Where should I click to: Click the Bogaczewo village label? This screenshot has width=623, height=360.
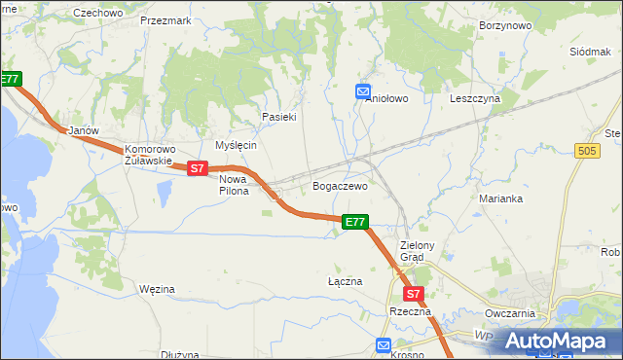pos(339,185)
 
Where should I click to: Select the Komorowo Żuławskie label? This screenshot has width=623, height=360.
pos(149,156)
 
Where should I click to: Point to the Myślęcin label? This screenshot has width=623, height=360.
pos(235,145)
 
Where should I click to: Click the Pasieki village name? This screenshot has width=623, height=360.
pos(278,117)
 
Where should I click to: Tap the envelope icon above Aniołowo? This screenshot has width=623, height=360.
pos(363,91)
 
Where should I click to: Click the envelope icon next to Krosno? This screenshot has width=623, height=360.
pos(384,344)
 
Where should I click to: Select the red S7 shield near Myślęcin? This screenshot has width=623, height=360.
pos(198,168)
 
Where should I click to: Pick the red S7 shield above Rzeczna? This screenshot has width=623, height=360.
pos(413,293)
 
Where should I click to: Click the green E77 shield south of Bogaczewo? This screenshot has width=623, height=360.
pos(355,222)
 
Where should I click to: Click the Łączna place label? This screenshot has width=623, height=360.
pos(345,281)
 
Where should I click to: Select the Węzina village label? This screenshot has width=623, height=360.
pos(157,289)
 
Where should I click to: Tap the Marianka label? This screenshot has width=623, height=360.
pos(501,198)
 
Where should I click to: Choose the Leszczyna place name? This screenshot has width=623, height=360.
pos(475,98)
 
